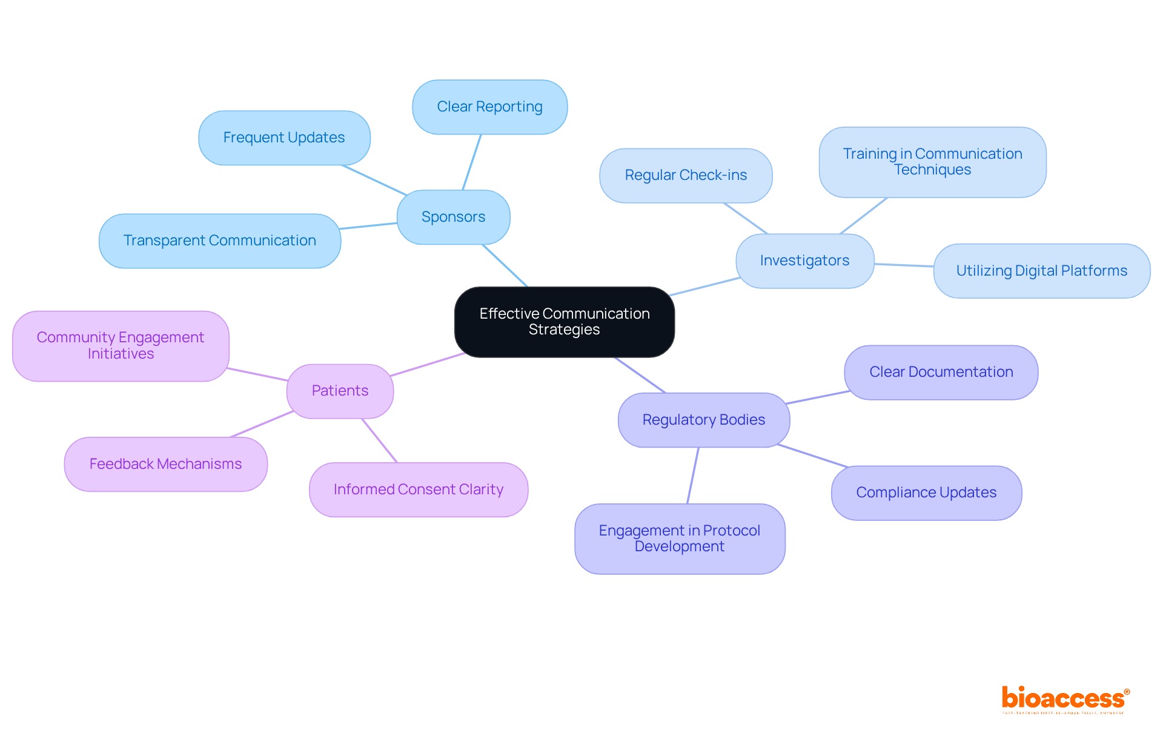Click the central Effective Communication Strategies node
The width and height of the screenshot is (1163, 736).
tap(564, 322)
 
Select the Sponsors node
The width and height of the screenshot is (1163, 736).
tap(453, 217)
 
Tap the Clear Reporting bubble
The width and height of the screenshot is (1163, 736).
tap(489, 107)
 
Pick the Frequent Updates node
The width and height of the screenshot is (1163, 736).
tap(284, 138)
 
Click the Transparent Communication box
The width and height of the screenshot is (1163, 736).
tap(219, 240)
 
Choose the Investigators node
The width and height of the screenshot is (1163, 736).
tap(804, 260)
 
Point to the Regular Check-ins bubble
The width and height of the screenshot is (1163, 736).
tap(686, 175)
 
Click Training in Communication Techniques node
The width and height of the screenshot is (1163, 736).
tap(932, 162)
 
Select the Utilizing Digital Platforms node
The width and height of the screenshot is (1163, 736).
tap(1041, 271)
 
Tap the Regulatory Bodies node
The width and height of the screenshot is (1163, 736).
tap(703, 420)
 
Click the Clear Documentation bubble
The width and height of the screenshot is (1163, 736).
tap(941, 372)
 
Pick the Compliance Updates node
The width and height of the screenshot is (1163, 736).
tap(926, 492)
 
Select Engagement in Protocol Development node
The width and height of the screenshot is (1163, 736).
tap(680, 539)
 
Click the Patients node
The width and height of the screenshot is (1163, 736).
tap(340, 391)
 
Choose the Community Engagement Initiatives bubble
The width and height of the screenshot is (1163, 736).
tap(121, 346)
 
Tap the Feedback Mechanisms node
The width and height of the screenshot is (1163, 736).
tap(165, 464)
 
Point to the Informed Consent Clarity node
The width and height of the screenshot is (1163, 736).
tap(418, 489)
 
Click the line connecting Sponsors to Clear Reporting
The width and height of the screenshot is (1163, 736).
tap(472, 162)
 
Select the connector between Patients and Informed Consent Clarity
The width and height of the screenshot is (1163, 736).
tap(380, 441)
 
